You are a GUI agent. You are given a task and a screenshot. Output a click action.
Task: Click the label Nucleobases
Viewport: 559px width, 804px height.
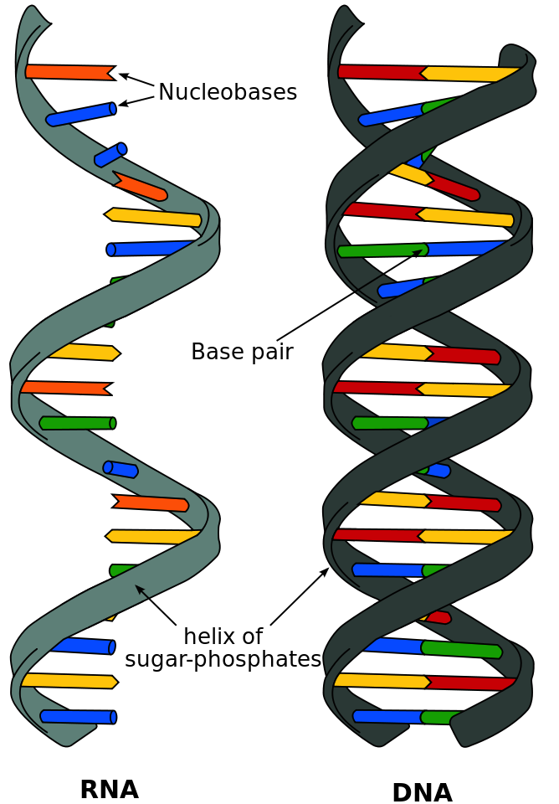[227, 92]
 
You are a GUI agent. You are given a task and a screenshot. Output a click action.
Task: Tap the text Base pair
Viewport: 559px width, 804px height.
[242, 352]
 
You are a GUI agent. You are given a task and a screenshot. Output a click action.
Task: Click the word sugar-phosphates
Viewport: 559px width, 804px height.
[223, 659]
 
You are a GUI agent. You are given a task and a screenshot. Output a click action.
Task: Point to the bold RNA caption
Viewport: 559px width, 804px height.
[109, 789]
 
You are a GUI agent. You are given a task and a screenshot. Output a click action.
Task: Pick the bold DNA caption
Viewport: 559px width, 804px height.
[422, 792]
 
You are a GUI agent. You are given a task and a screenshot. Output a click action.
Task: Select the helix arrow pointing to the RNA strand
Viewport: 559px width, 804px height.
[156, 605]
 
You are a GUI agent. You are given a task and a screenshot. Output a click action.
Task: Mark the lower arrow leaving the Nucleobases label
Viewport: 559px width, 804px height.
[136, 101]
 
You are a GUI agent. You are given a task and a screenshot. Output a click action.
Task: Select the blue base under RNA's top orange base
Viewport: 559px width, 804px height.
[80, 114]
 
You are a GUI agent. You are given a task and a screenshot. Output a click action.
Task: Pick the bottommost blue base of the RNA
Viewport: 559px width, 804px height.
[78, 717]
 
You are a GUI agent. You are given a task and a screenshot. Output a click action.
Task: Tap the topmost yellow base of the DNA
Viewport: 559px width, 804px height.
[469, 74]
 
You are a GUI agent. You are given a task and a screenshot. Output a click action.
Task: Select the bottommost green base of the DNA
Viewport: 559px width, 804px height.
[439, 718]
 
